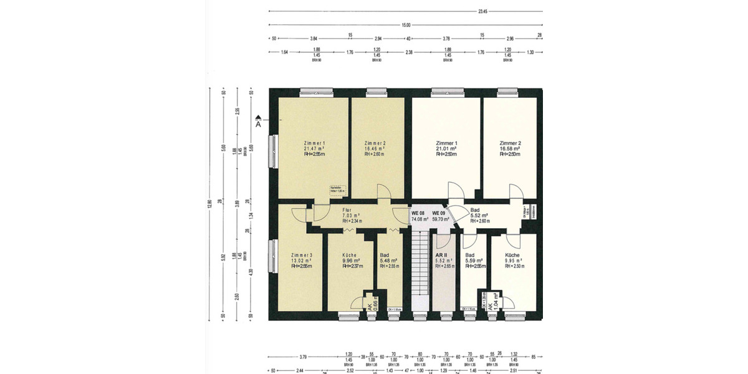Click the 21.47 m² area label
(315, 149)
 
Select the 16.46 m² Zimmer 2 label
(375, 149)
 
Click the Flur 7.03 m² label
(352, 216)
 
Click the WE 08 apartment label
(418, 216)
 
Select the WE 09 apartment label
(441, 216)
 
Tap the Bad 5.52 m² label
(479, 216)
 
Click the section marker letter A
(258, 124)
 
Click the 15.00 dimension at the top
(406, 25)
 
